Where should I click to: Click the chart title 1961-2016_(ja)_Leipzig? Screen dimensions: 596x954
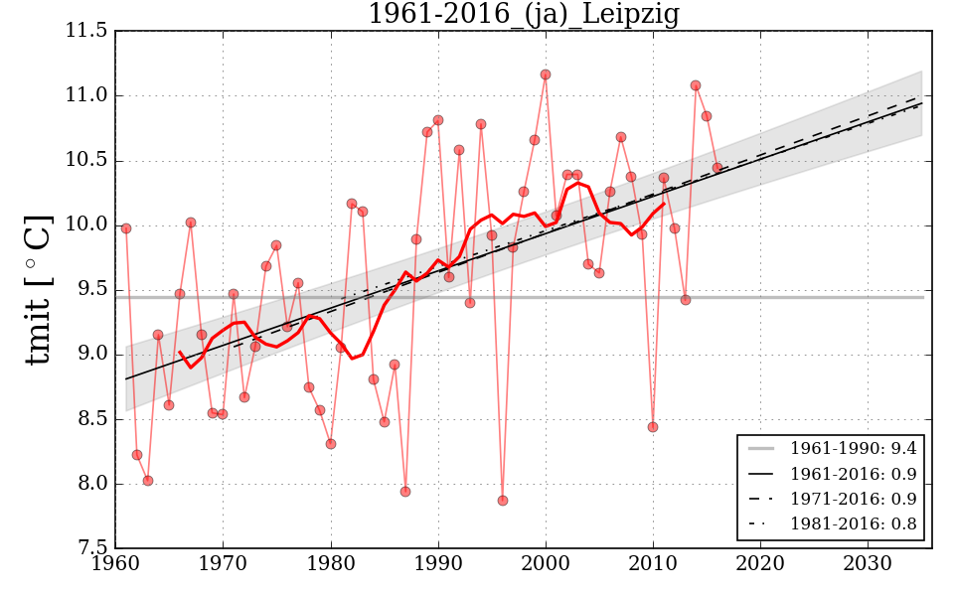[524, 15]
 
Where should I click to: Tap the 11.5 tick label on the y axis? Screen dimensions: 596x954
[88, 32]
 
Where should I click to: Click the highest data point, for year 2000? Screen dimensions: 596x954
[546, 74]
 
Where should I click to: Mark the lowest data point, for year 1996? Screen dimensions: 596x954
[503, 501]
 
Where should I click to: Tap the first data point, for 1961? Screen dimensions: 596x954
[126, 228]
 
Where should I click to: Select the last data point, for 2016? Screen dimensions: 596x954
[717, 168]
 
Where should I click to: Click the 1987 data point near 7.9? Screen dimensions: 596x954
[405, 492]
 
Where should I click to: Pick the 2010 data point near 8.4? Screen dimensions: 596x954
[653, 427]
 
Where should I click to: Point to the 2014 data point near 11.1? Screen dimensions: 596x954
[696, 85]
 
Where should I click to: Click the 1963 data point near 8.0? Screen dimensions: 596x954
[148, 481]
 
